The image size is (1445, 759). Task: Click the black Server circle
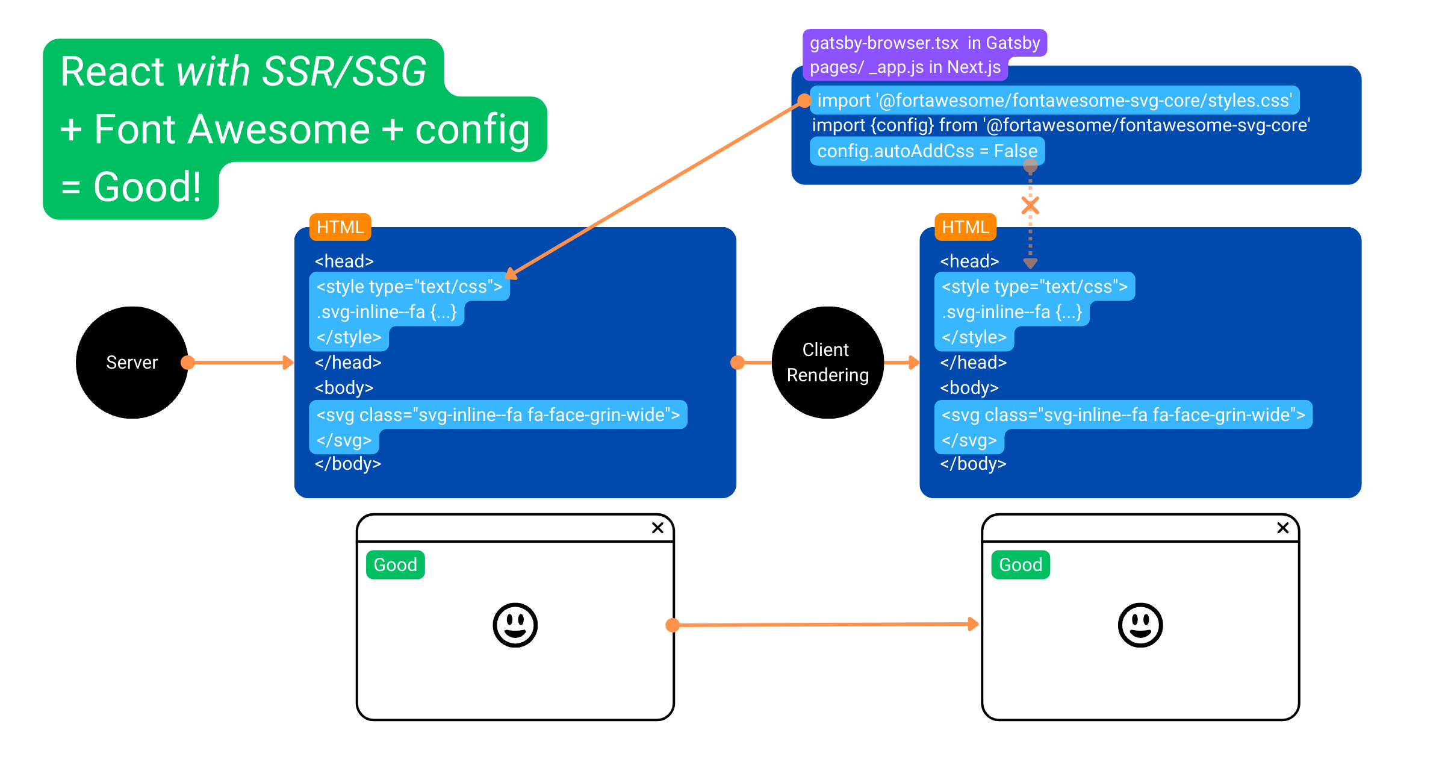pos(132,363)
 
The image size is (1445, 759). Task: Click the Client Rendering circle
pos(828,363)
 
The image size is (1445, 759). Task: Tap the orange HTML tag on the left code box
pos(340,227)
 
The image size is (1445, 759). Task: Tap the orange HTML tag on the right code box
pos(965,227)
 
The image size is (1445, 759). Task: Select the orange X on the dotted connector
pos(1030,206)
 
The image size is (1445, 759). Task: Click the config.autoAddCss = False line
pos(927,151)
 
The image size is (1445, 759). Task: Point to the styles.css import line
pos(1054,100)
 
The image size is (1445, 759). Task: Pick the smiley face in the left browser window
pos(515,625)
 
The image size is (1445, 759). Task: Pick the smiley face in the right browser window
pos(1140,625)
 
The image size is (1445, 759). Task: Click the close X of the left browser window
pos(657,528)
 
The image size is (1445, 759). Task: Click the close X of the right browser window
pos(1283,528)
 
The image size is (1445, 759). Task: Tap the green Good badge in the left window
pos(396,565)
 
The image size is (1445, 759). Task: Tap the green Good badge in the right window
pos(1021,565)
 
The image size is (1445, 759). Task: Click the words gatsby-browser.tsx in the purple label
pos(884,43)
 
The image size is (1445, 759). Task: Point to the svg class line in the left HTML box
pos(498,415)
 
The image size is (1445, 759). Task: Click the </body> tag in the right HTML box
pos(973,464)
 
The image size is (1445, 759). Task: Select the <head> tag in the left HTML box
pos(344,261)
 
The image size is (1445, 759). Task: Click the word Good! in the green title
pos(148,187)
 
